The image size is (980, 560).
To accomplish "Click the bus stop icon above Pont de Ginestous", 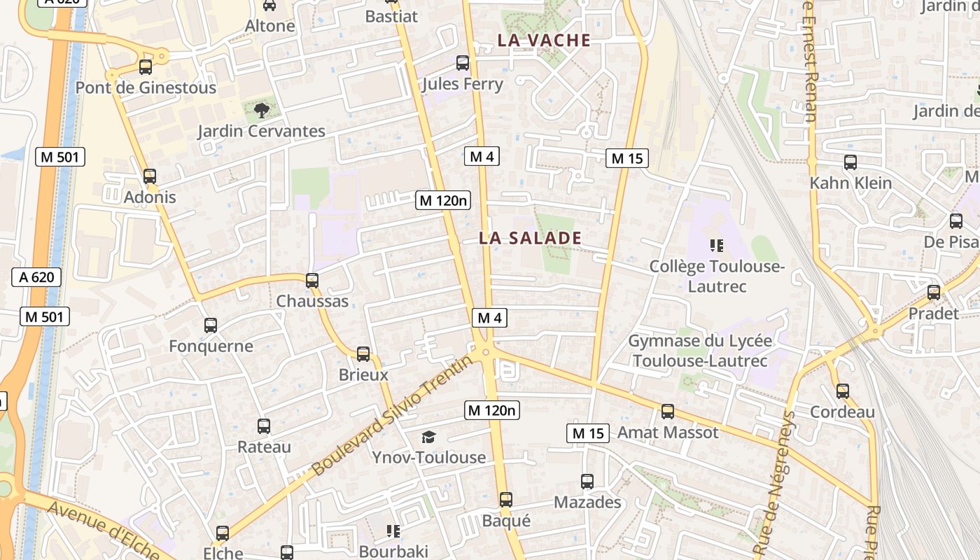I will point(146,67).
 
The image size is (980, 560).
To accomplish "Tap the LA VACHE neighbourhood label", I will point(544,41).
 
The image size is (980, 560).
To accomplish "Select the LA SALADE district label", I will point(530,238).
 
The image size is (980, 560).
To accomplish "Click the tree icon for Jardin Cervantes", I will point(261,110).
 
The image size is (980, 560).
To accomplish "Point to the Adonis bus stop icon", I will point(149,176).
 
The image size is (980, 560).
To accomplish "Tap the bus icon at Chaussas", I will point(312,281).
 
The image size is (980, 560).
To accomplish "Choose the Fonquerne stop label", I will point(211,346).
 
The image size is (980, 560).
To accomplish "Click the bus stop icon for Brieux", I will point(363,354).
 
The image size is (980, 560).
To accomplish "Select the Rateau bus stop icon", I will point(264,426).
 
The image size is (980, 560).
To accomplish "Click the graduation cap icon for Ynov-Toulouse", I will point(428,437).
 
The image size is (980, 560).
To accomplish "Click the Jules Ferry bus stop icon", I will point(463,63).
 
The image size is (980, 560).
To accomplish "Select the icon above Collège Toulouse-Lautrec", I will point(716,246).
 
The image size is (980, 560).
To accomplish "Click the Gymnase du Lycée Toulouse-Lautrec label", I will point(700,351).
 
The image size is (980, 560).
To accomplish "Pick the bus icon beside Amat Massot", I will point(668,412).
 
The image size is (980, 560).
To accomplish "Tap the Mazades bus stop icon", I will point(587,482).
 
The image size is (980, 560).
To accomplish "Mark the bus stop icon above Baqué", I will point(506,500).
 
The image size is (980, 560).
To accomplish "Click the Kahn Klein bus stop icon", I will point(850,162).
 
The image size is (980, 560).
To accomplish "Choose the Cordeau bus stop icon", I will point(843,391).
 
